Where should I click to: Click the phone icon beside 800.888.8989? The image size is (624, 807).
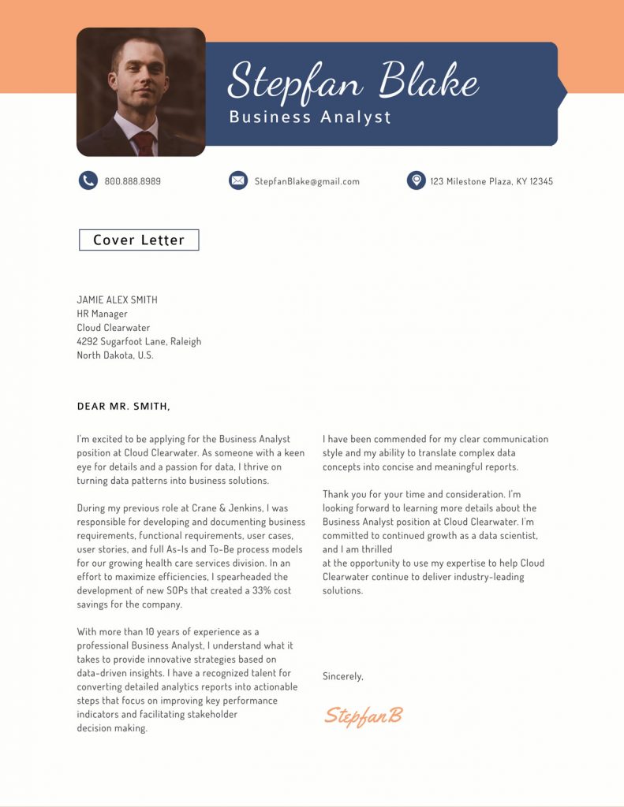click(88, 180)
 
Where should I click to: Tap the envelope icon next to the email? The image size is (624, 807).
click(238, 180)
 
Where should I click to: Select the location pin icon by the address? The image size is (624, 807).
click(416, 180)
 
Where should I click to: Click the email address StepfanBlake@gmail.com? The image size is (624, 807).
click(307, 181)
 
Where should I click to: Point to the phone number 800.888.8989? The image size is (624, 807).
click(133, 181)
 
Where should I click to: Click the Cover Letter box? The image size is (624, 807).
click(139, 240)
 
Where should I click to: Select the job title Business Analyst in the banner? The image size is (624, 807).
click(310, 117)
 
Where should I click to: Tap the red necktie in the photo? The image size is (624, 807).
click(144, 143)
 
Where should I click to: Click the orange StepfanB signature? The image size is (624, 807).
click(364, 715)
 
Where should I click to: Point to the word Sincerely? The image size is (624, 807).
click(343, 676)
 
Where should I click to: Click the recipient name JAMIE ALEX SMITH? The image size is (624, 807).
click(117, 299)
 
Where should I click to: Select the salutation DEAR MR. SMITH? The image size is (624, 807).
click(123, 407)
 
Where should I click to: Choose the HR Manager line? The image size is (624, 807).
click(102, 314)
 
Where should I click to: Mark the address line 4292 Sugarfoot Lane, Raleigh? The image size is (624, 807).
click(139, 341)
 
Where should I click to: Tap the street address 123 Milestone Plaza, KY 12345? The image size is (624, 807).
click(491, 181)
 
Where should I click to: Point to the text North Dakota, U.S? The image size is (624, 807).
click(115, 355)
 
